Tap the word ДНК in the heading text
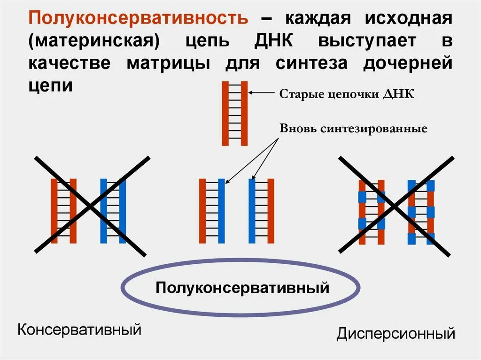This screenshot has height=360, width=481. click(274, 41)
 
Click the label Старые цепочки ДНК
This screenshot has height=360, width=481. click(347, 93)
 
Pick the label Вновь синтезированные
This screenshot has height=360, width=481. click(353, 128)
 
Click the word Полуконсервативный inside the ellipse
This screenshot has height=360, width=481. click(242, 287)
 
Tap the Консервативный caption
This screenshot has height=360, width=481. click(79, 329)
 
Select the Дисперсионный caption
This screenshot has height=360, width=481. click(396, 334)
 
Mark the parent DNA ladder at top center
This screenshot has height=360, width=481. click(235, 113)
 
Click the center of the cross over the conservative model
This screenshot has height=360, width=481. click(91, 206)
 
